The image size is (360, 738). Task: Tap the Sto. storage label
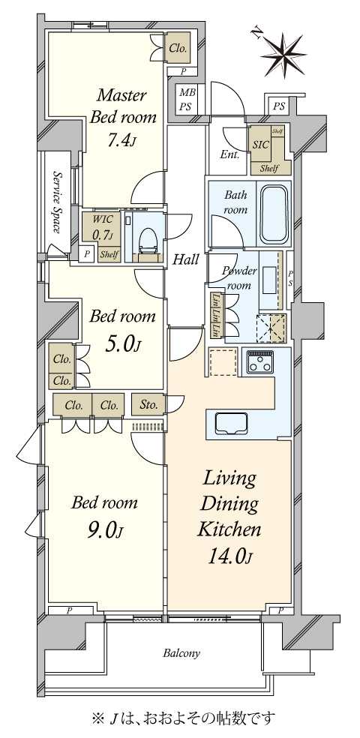point(148,405)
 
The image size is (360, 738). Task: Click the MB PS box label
point(184,100)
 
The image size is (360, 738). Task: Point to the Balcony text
point(181,653)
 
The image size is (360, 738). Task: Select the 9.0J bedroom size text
point(104,531)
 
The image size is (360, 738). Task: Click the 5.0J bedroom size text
point(123,343)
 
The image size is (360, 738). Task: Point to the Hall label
point(185,260)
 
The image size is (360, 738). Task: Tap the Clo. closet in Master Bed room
point(178,48)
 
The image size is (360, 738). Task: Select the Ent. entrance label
point(229,155)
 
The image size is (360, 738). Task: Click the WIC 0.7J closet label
point(103,228)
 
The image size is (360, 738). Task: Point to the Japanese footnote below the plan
point(183,718)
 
